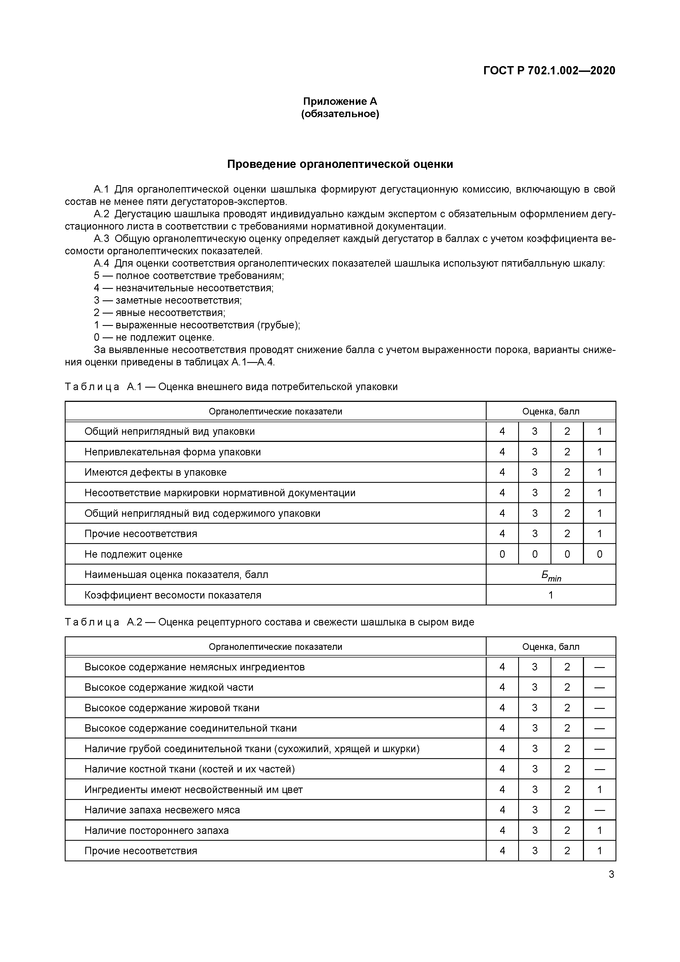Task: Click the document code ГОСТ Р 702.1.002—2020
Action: [549, 70]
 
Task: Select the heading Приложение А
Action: [340, 101]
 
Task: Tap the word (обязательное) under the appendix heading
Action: [340, 114]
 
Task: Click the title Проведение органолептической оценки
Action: [340, 164]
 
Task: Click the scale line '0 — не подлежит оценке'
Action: [154, 337]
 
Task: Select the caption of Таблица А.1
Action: [231, 387]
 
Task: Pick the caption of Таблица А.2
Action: [269, 622]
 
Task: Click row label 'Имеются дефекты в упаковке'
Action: [156, 472]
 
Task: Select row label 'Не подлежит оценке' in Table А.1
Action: [133, 554]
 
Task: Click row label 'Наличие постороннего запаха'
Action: [156, 830]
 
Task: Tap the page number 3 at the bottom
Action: [611, 874]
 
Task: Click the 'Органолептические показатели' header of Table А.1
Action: [275, 411]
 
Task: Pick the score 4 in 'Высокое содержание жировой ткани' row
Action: [502, 708]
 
